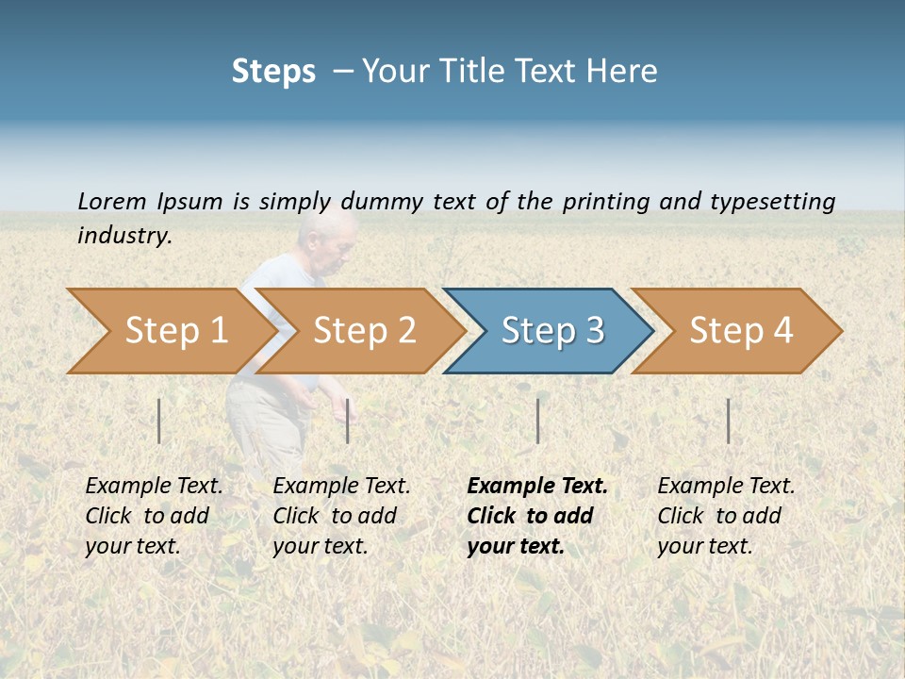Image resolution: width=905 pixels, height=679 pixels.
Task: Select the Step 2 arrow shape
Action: (363, 331)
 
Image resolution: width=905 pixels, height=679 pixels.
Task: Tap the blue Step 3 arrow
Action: (551, 331)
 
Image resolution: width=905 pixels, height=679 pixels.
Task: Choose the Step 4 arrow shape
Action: (740, 331)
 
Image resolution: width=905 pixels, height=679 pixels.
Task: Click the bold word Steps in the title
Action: (273, 72)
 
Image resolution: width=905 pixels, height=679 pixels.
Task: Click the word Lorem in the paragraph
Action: (112, 201)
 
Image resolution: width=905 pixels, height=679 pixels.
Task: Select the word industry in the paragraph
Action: (123, 235)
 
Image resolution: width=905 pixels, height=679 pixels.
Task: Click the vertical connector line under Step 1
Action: (159, 421)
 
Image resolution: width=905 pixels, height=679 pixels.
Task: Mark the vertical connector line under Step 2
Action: (348, 421)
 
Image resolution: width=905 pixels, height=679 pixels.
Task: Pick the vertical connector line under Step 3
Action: (537, 421)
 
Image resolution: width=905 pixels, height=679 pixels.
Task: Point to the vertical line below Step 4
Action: (728, 421)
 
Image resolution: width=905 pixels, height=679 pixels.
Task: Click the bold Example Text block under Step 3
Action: (536, 516)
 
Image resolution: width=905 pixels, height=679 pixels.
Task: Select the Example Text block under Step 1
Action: (154, 516)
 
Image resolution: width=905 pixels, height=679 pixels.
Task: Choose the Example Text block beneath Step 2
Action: (341, 516)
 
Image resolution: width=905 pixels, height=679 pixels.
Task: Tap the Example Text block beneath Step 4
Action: (726, 516)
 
